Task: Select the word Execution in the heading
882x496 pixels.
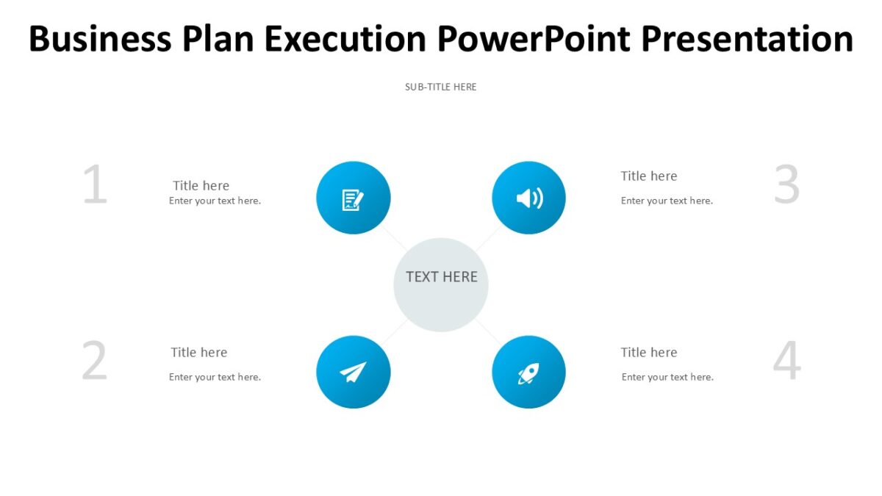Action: point(345,39)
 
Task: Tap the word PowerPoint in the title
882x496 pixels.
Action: point(534,39)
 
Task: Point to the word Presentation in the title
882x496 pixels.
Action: point(747,39)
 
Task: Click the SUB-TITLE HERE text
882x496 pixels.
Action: point(440,87)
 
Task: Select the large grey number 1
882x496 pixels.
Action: point(95,185)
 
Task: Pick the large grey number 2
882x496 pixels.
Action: point(94,362)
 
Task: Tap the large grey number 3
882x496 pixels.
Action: point(786,185)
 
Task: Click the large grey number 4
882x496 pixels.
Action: point(786,362)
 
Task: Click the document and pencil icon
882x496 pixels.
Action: point(353,199)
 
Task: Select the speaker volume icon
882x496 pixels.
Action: point(528,198)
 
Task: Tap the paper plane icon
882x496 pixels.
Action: point(353,373)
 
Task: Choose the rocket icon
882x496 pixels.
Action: point(528,373)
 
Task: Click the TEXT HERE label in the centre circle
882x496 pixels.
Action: point(441,277)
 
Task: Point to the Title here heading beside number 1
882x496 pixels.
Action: point(201,186)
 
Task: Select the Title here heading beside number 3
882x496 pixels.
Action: point(648,176)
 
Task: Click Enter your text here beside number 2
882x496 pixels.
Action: point(215,377)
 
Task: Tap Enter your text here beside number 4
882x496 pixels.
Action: point(667,377)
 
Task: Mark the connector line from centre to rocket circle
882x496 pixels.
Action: point(488,331)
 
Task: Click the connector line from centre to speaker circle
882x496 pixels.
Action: point(488,238)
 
